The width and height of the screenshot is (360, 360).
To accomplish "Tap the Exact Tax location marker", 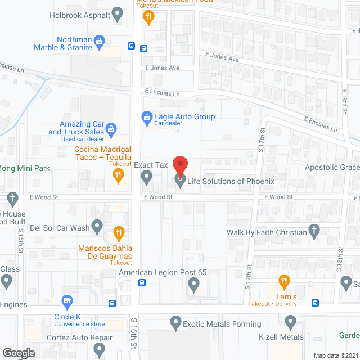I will point(146,178).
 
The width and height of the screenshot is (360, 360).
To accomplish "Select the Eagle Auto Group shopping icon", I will point(146,117).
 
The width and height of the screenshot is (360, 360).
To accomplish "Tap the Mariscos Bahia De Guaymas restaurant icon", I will point(118,231).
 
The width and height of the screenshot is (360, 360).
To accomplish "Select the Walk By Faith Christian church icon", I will point(314,231).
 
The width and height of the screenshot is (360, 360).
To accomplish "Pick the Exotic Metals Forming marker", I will point(175,323).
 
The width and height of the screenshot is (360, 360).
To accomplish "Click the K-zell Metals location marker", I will point(290,323).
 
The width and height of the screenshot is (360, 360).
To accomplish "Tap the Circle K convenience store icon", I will point(68,302).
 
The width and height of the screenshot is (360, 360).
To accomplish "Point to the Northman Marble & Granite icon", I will point(100,40).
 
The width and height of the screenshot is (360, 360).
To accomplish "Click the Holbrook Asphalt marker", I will point(118,15).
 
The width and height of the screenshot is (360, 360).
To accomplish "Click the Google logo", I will point(19,353).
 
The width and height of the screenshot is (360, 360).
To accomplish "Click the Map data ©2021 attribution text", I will point(335,355).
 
